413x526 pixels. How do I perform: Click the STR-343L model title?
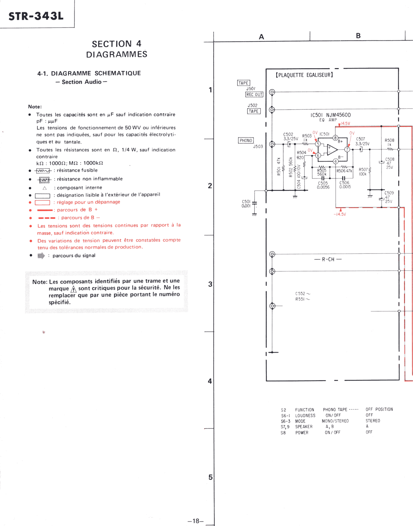pos(36,16)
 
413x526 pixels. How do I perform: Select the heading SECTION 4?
pos(117,44)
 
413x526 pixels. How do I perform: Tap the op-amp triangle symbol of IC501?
pos(332,150)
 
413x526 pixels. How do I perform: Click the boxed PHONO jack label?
pos(246,141)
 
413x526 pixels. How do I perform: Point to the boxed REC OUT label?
pos(254,95)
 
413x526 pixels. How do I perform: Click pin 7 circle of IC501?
pos(347,150)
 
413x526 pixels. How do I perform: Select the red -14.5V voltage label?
pos(340,214)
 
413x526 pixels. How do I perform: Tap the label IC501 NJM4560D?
pos(331,115)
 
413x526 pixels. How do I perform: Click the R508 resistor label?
pos(389,140)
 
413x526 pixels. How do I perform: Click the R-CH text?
pos(328,259)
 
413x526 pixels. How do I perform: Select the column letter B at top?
pos(358,36)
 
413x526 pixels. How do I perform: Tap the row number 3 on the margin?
pos(210,284)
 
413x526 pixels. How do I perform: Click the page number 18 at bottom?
pos(196,521)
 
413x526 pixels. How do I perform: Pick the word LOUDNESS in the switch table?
pos(305,416)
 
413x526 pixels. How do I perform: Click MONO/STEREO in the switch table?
pos(335,421)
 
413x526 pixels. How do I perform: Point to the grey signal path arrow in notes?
pos(41,256)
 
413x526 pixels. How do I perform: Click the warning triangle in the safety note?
pos(74,289)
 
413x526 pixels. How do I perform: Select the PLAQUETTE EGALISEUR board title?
pos(304,75)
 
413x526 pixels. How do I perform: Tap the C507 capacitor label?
pos(360,139)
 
